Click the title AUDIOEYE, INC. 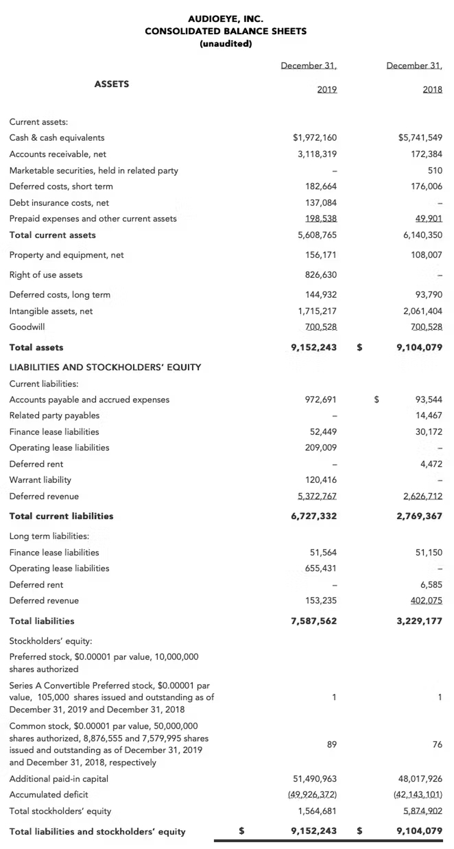pyautogui.click(x=226, y=19)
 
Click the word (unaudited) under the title pyautogui.click(x=226, y=44)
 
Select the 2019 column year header pyautogui.click(x=327, y=89)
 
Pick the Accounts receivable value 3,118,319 pyautogui.click(x=317, y=154)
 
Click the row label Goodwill pyautogui.click(x=27, y=327)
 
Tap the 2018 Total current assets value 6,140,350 pyautogui.click(x=423, y=235)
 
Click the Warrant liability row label pyautogui.click(x=40, y=480)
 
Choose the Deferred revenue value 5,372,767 pyautogui.click(x=317, y=496)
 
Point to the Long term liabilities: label pyautogui.click(x=49, y=536)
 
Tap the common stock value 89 pyautogui.click(x=332, y=745)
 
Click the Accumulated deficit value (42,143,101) pyautogui.click(x=418, y=795)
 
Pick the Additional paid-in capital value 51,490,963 pyautogui.click(x=315, y=779)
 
